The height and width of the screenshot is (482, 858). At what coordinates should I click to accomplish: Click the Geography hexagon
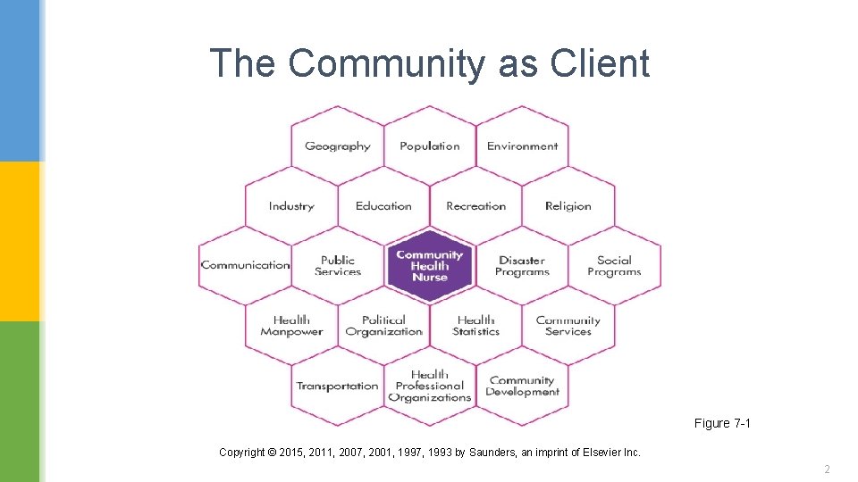[337, 145]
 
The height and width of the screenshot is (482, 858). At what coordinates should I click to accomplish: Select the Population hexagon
[430, 145]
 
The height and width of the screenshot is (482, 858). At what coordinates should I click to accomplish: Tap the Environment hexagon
[522, 145]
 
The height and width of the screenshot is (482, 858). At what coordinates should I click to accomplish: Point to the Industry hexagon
[291, 205]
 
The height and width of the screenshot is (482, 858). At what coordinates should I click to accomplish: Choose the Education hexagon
[383, 205]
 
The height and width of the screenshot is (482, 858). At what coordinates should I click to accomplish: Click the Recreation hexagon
[475, 205]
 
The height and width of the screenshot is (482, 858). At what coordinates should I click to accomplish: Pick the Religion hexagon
[568, 205]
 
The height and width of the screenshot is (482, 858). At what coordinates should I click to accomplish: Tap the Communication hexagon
[245, 265]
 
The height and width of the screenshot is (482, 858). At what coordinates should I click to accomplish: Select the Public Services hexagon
[338, 265]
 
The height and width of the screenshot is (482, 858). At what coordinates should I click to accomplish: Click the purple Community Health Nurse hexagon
[430, 265]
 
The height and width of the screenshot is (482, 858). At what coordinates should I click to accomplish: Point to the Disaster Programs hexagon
[522, 265]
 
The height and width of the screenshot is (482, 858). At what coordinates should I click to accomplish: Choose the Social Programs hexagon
[614, 265]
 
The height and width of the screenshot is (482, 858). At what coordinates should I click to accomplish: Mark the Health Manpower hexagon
[291, 326]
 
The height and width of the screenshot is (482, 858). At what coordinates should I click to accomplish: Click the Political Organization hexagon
[383, 326]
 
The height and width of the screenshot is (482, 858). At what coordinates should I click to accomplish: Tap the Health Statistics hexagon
[475, 326]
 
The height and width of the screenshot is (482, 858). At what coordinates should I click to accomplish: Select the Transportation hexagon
[337, 386]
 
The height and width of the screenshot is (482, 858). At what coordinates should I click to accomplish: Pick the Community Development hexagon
[522, 386]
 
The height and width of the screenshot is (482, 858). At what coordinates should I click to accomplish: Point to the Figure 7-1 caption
[722, 423]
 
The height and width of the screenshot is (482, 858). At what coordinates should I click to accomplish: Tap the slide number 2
[828, 469]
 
